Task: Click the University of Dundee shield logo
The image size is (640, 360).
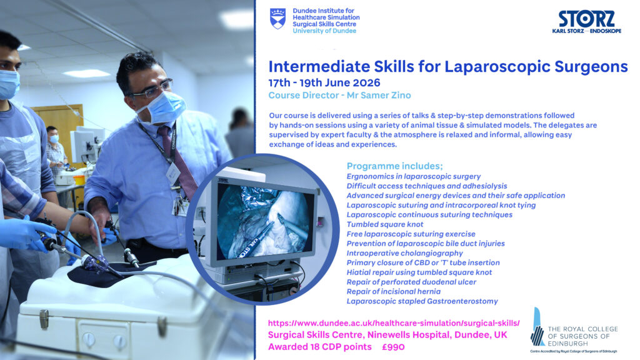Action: [x=278, y=19]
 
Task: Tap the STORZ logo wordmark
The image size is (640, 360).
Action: [x=586, y=18]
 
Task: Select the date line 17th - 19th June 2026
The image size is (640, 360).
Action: [x=324, y=83]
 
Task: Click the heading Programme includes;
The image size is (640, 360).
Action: [x=395, y=166]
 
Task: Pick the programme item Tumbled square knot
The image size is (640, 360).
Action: [x=385, y=224]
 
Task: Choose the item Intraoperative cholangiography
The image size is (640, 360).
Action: [x=404, y=253]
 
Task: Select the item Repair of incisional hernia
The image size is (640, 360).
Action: [x=394, y=291]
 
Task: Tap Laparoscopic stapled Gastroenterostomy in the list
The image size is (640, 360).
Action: [x=422, y=301]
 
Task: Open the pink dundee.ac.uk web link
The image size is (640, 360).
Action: [x=394, y=323]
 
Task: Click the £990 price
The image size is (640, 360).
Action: [x=393, y=347]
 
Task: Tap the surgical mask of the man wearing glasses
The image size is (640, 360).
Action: [x=163, y=107]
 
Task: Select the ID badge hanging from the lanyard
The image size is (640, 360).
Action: [x=173, y=173]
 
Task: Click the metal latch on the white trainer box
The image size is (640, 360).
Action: [x=44, y=319]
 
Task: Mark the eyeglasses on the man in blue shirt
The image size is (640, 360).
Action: [x=155, y=89]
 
